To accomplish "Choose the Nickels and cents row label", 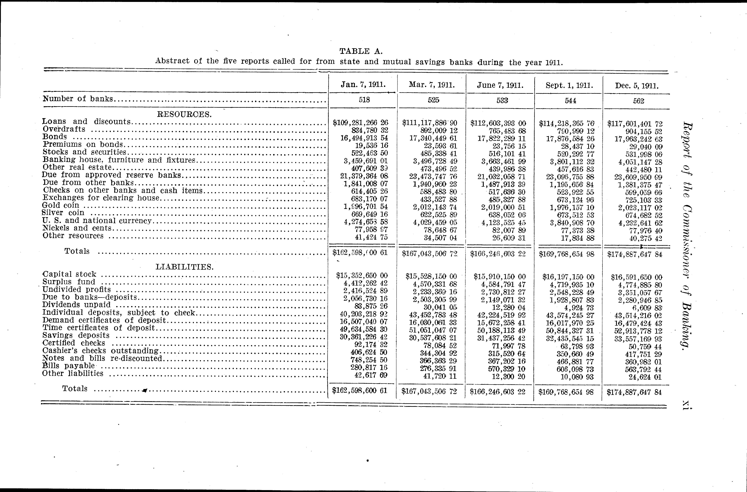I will point(77,228).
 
